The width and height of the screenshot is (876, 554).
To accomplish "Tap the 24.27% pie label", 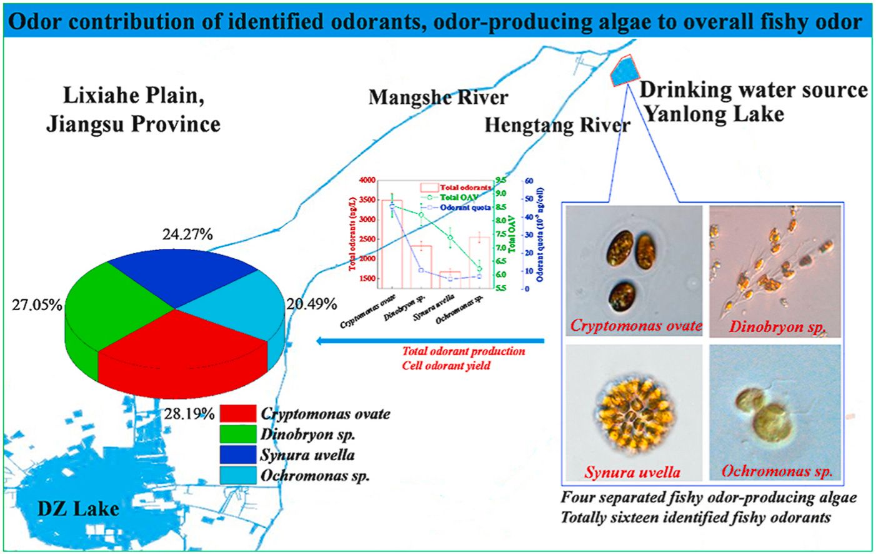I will [187, 234].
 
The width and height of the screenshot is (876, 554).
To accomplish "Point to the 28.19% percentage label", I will [190, 413].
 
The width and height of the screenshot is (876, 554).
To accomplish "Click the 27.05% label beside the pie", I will [37, 305].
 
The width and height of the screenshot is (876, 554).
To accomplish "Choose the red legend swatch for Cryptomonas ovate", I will [237, 413].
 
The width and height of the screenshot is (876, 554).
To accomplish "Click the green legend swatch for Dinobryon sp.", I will [237, 434].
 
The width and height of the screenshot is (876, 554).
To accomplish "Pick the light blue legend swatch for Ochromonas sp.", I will [237, 475].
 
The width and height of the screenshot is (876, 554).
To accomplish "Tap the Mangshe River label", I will [438, 98].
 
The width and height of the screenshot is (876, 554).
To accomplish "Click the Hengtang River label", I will [557, 125].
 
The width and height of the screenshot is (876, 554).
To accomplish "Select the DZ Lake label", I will [78, 508].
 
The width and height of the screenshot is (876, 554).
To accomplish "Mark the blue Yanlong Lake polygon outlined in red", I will [625, 71].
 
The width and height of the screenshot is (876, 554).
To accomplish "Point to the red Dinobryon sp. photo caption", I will [777, 326].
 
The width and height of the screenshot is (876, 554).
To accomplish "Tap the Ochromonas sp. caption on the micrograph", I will [777, 471].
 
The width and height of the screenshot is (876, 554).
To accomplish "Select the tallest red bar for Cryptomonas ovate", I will [392, 244].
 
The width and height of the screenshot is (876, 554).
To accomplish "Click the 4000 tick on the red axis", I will [367, 180].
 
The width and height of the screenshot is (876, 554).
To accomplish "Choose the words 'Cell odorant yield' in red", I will [446, 365].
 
